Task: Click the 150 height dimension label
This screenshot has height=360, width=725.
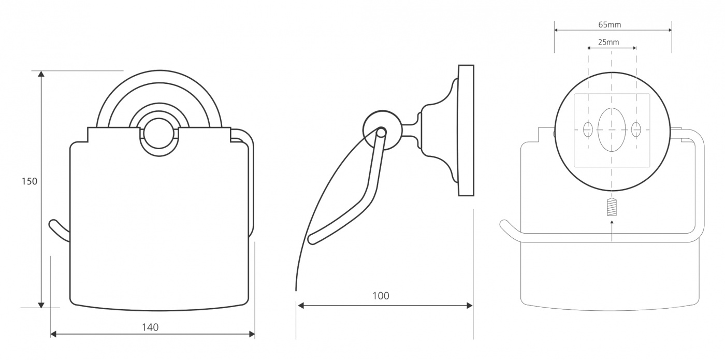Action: (30, 181)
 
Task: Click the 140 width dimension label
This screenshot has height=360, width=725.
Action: (150, 327)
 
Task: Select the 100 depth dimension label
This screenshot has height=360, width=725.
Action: (381, 296)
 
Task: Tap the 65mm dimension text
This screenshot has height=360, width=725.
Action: (610, 25)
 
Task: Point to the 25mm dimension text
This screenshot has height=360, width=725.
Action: (608, 42)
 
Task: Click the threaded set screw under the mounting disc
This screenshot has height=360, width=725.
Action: (612, 207)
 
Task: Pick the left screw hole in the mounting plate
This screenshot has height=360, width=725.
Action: (588, 129)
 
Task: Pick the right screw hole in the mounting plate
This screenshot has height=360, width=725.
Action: (636, 129)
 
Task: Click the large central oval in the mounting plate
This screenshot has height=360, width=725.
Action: (612, 129)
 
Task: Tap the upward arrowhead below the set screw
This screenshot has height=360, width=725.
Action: (612, 222)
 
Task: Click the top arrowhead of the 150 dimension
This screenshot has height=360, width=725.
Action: (41, 74)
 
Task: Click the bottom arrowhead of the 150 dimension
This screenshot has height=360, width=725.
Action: (41, 305)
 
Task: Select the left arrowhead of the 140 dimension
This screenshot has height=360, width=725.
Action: (54, 334)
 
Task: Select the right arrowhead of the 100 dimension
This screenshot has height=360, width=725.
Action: (469, 305)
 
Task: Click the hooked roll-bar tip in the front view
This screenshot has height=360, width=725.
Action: (52, 224)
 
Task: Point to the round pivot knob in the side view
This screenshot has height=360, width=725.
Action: (382, 131)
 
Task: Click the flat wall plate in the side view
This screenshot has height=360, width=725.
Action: (466, 131)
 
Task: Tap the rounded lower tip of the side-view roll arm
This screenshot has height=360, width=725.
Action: (312, 239)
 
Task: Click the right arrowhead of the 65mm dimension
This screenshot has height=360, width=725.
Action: (670, 30)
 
